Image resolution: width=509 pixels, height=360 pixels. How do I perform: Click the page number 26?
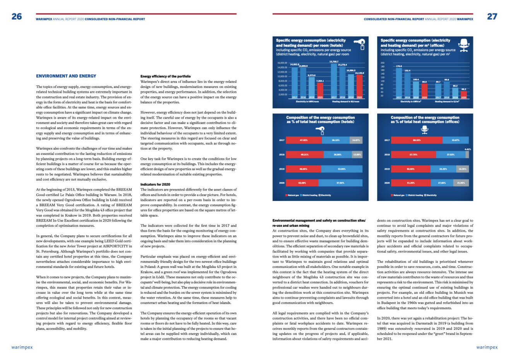17,16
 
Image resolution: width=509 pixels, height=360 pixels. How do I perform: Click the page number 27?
492,16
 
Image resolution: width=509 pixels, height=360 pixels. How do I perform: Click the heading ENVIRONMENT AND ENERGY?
66,76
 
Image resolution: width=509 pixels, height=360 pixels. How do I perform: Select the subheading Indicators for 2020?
155,184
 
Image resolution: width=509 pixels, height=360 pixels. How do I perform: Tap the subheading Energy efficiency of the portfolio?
165,76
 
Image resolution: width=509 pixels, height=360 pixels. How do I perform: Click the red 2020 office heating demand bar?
464,94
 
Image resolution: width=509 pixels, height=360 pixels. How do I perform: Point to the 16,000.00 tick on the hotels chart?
282,63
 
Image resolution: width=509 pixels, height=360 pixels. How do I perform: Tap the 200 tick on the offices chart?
383,63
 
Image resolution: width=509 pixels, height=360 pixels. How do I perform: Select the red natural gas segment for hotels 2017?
304,140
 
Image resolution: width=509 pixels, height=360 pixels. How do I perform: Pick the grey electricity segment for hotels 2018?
357,154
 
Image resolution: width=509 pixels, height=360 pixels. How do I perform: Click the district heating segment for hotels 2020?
341,183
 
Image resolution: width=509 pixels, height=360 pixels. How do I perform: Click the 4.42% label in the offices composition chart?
467,149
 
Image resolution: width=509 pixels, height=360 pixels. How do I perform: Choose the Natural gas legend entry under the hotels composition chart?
292,195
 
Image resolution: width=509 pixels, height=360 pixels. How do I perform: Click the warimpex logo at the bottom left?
22,347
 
